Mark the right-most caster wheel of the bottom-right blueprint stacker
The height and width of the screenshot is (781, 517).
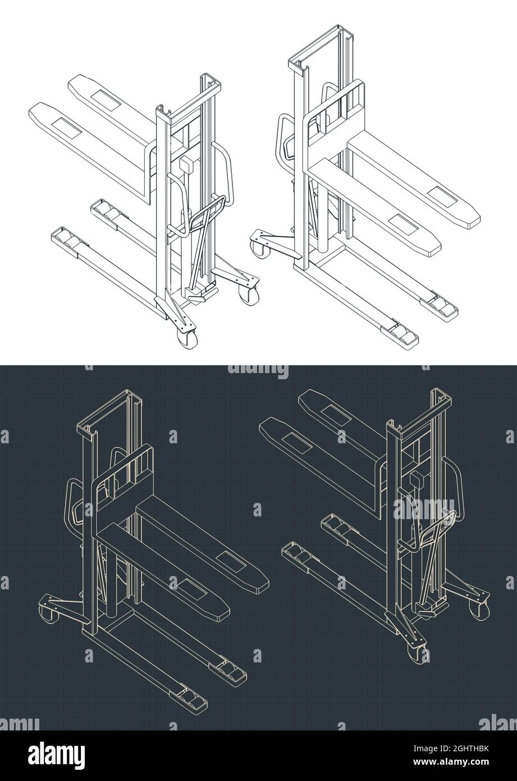pos(481,610)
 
